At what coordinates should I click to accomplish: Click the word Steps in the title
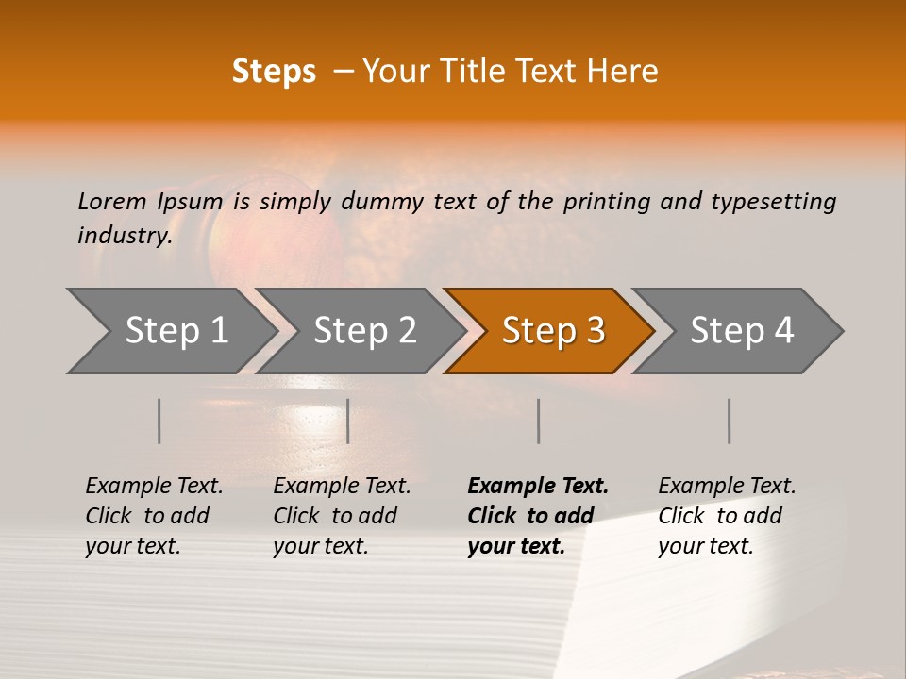click(274, 72)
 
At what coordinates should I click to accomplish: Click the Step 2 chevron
click(362, 331)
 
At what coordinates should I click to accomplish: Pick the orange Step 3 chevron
click(551, 331)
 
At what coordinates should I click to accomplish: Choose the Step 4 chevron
click(740, 331)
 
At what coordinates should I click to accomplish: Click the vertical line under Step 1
click(159, 421)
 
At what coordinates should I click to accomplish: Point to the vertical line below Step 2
click(348, 421)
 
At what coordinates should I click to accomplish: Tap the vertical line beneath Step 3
click(539, 421)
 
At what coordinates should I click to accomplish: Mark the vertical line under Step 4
click(730, 421)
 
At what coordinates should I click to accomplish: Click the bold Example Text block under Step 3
click(537, 516)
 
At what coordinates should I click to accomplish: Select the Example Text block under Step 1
click(154, 516)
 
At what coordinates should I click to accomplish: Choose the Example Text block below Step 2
click(342, 516)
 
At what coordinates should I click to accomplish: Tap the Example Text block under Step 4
click(727, 516)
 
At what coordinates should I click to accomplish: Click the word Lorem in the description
click(112, 202)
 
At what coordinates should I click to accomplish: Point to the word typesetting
click(773, 202)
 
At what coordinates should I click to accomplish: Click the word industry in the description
click(123, 236)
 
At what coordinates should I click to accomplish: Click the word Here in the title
click(626, 72)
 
